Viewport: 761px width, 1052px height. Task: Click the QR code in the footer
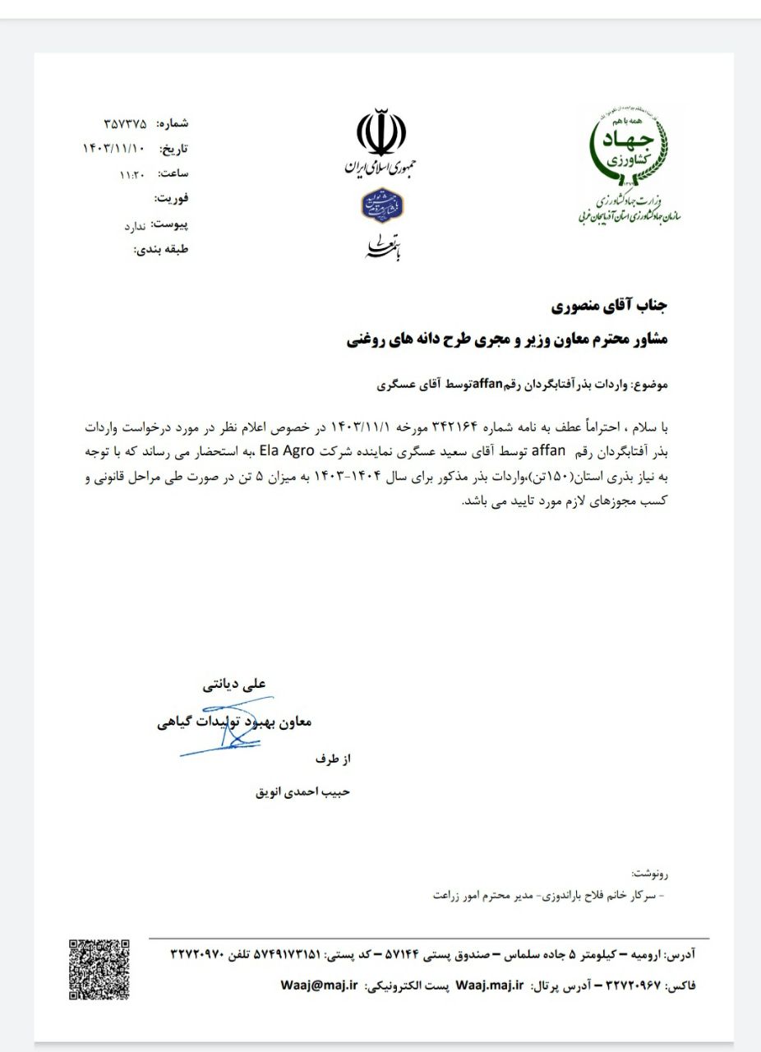(x=99, y=969)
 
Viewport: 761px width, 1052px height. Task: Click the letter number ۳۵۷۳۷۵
(x=126, y=124)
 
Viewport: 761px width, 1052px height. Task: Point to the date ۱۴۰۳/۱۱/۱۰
(x=114, y=149)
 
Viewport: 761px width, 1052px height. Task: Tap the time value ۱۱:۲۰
(x=132, y=173)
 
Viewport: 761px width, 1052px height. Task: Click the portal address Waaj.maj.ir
(x=489, y=985)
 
